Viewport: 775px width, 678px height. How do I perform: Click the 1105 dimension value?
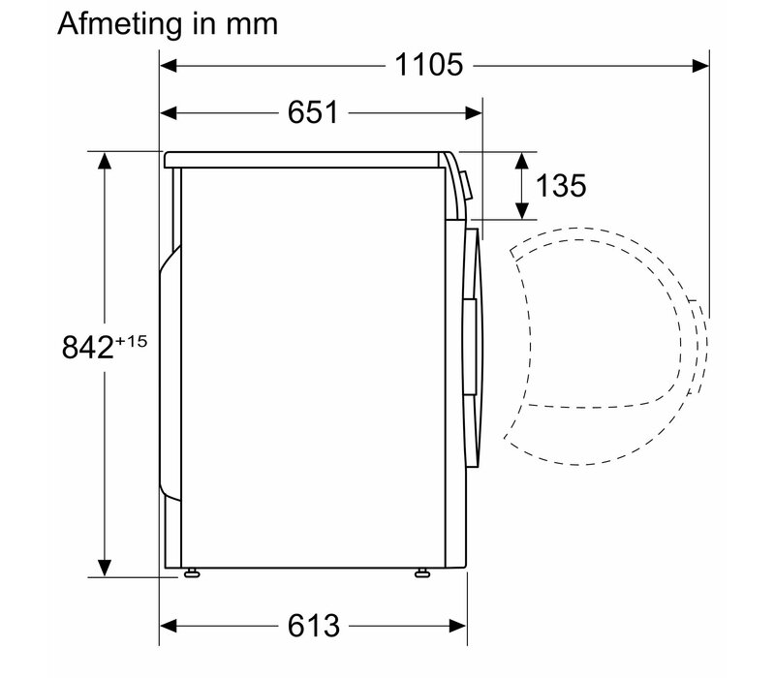point(429,65)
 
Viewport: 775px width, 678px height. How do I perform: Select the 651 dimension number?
point(313,112)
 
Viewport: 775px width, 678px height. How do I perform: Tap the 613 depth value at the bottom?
point(314,626)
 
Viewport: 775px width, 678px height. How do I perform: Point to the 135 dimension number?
point(561,186)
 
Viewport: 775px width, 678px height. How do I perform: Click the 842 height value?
point(87,347)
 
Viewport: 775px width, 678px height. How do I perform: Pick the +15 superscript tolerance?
point(131,341)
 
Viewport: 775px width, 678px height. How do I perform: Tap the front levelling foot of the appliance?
point(422,572)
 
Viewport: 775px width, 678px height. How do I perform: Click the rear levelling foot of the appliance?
point(191,572)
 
